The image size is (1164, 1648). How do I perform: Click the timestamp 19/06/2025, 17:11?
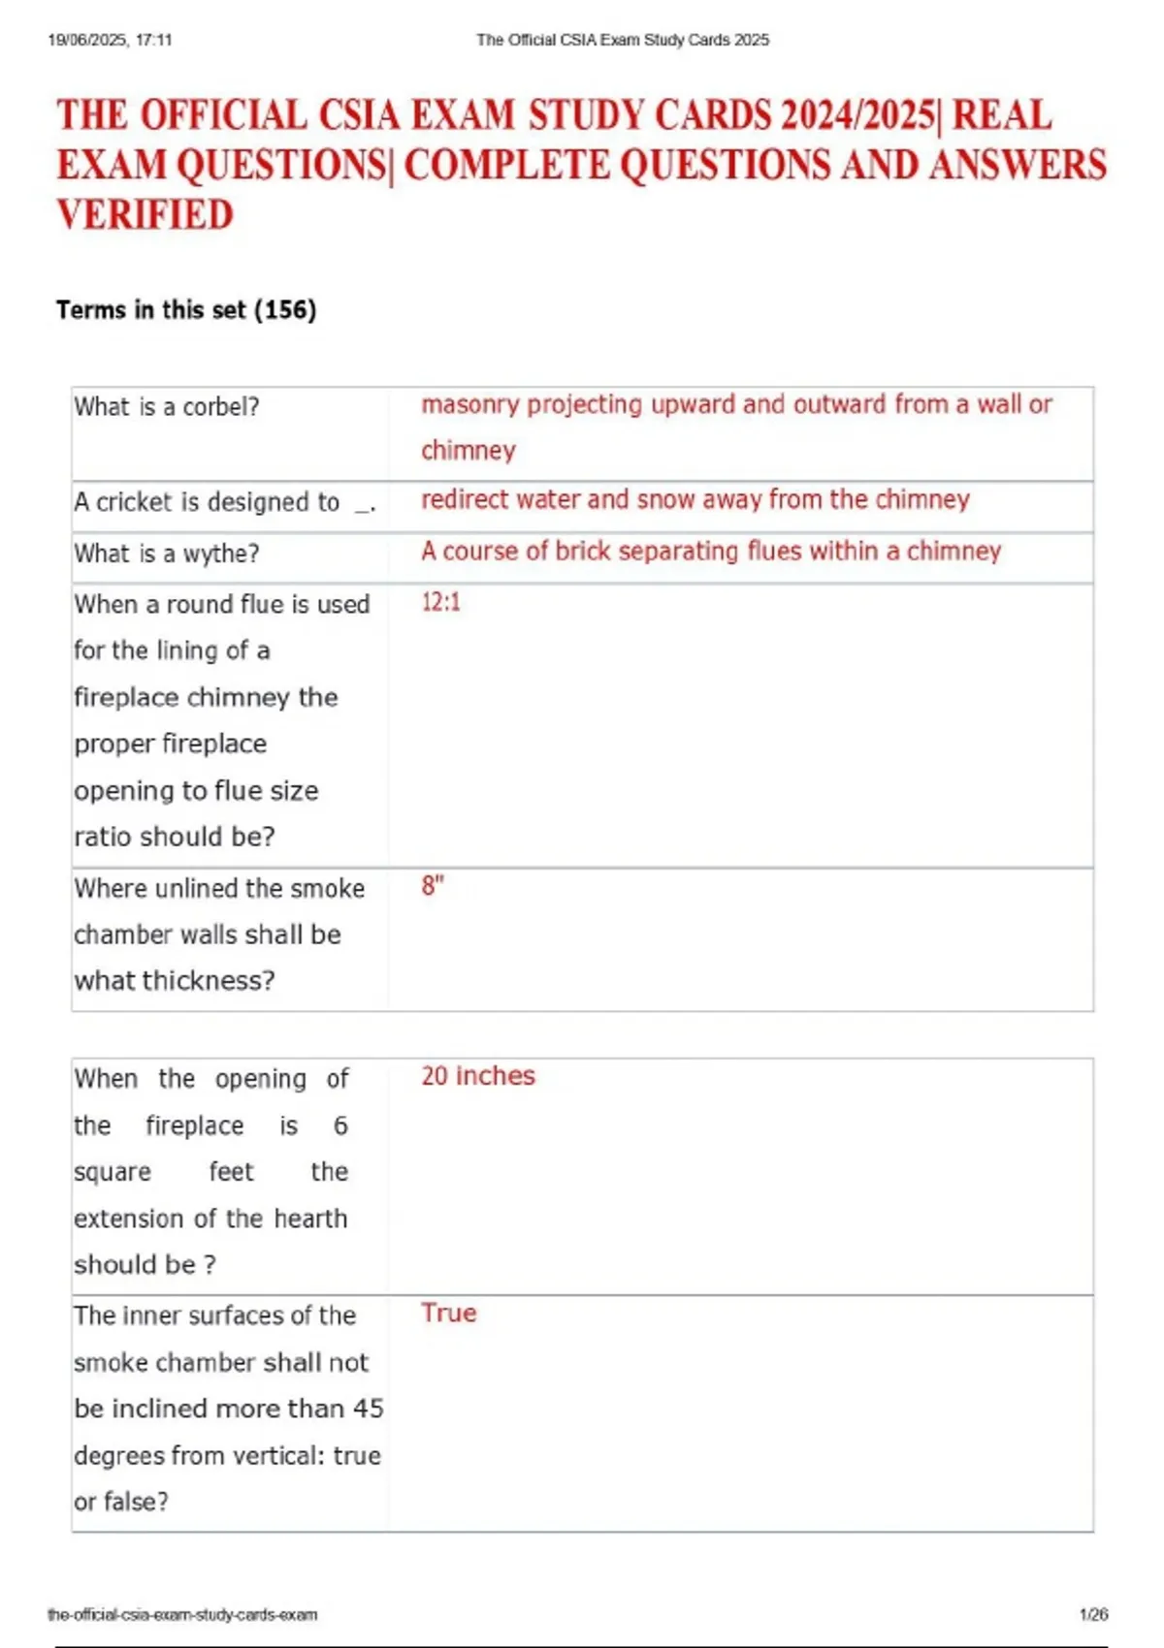[x=110, y=40]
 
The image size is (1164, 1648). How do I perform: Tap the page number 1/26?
[x=1093, y=1614]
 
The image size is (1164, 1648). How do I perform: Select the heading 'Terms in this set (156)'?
[x=186, y=310]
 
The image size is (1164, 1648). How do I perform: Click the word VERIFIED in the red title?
[x=145, y=215]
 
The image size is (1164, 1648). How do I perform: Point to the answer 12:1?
[x=440, y=602]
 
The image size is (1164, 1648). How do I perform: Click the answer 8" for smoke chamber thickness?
[x=432, y=886]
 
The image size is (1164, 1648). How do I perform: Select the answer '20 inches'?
[x=477, y=1076]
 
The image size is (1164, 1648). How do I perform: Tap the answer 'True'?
[x=448, y=1314]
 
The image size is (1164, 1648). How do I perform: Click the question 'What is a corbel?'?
[x=167, y=407]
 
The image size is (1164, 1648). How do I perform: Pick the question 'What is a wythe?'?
[x=167, y=554]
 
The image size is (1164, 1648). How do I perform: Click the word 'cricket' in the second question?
[x=135, y=502]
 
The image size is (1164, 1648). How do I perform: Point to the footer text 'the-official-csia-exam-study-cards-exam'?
[x=182, y=1614]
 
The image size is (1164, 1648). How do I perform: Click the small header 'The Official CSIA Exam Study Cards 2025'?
[x=623, y=40]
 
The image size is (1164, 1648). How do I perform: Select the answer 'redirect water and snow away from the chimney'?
[x=695, y=500]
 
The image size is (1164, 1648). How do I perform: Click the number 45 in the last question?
[x=368, y=1409]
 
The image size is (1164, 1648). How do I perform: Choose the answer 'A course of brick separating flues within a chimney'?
[x=710, y=552]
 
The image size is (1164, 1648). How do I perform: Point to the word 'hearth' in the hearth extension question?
[x=310, y=1219]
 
